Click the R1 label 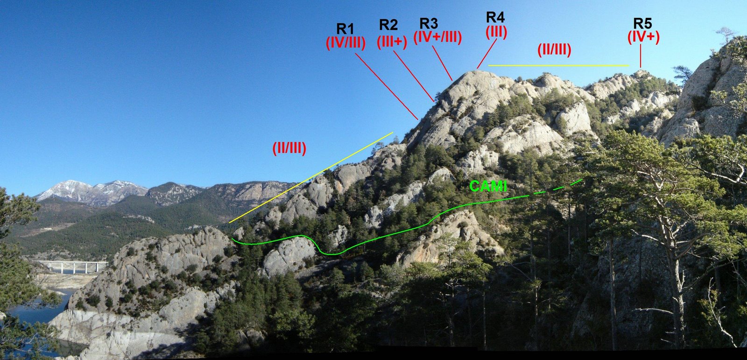(x=345, y=28)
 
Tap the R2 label (x=388, y=24)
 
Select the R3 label (x=429, y=23)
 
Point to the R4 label (x=495, y=17)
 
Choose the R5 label (x=642, y=23)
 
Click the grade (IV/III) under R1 (x=345, y=42)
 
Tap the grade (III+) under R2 (x=392, y=41)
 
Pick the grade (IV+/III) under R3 (x=437, y=37)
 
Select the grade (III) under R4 (x=496, y=32)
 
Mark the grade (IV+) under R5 (x=643, y=37)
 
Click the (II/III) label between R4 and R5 (x=554, y=49)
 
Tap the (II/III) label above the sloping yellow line (x=289, y=148)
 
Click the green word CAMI (x=488, y=186)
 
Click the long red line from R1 (x=387, y=86)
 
